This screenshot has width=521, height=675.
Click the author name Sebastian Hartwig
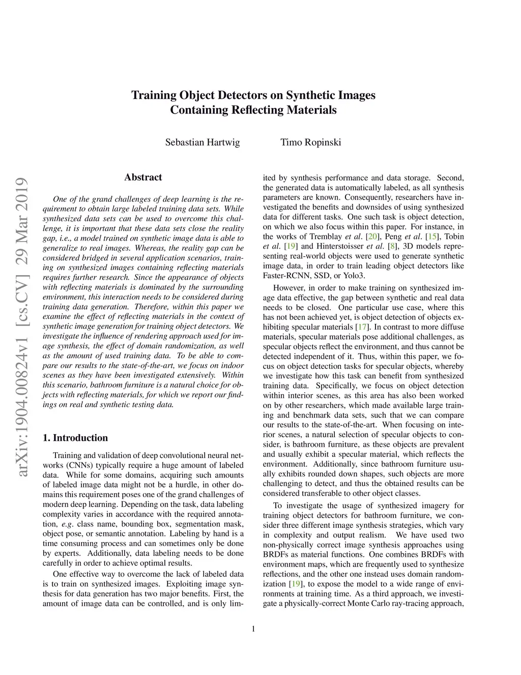(202, 142)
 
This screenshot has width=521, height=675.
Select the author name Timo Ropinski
(310, 142)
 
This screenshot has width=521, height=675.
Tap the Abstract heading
(143, 177)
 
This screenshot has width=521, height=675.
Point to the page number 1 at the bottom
(253, 629)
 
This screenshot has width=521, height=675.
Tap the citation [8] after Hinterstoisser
(392, 246)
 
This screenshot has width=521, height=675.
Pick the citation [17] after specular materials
(362, 327)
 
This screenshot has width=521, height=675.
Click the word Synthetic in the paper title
(310, 95)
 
